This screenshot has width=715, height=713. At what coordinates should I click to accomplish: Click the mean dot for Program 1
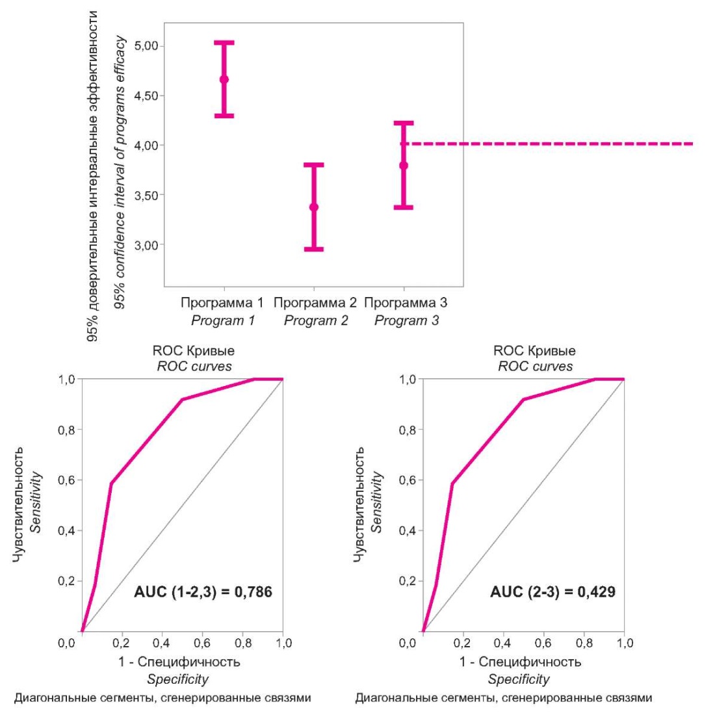tap(224, 79)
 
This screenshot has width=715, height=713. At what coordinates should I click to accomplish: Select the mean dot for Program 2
tap(314, 207)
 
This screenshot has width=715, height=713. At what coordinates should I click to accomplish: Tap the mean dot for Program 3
tap(404, 165)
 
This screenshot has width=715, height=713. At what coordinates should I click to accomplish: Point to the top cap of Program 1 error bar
tap(224, 43)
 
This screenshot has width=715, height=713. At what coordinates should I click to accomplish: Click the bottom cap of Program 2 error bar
tap(314, 249)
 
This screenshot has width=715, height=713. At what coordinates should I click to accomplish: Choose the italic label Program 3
tap(406, 320)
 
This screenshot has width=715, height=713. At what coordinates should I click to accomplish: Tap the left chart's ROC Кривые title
tap(194, 351)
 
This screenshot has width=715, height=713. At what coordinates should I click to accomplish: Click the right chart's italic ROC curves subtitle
tap(535, 366)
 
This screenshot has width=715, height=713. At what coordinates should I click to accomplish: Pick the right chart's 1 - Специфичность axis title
tap(520, 662)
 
